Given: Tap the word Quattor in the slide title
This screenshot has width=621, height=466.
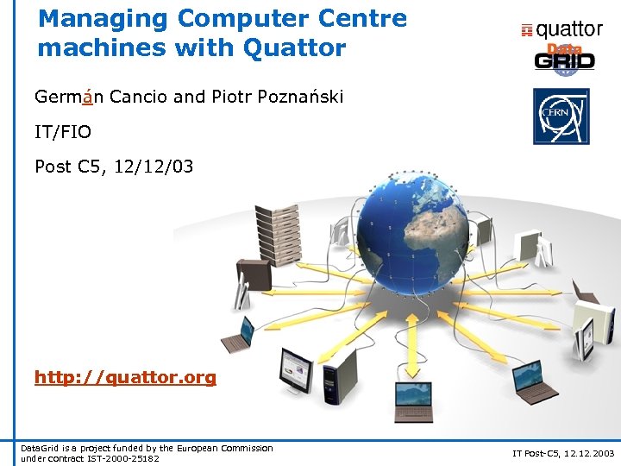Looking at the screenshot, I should point(294,47).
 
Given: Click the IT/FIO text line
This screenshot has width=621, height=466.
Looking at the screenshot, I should point(63,131).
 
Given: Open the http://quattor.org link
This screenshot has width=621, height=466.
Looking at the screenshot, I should point(125,377).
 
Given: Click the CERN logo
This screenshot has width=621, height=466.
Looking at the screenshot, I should point(561,116).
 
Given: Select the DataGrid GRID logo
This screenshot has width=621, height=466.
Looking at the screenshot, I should point(564,59).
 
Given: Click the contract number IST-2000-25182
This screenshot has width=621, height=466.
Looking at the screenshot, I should point(124,457).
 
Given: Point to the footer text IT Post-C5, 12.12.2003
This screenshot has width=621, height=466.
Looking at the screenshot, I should point(563,452).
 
